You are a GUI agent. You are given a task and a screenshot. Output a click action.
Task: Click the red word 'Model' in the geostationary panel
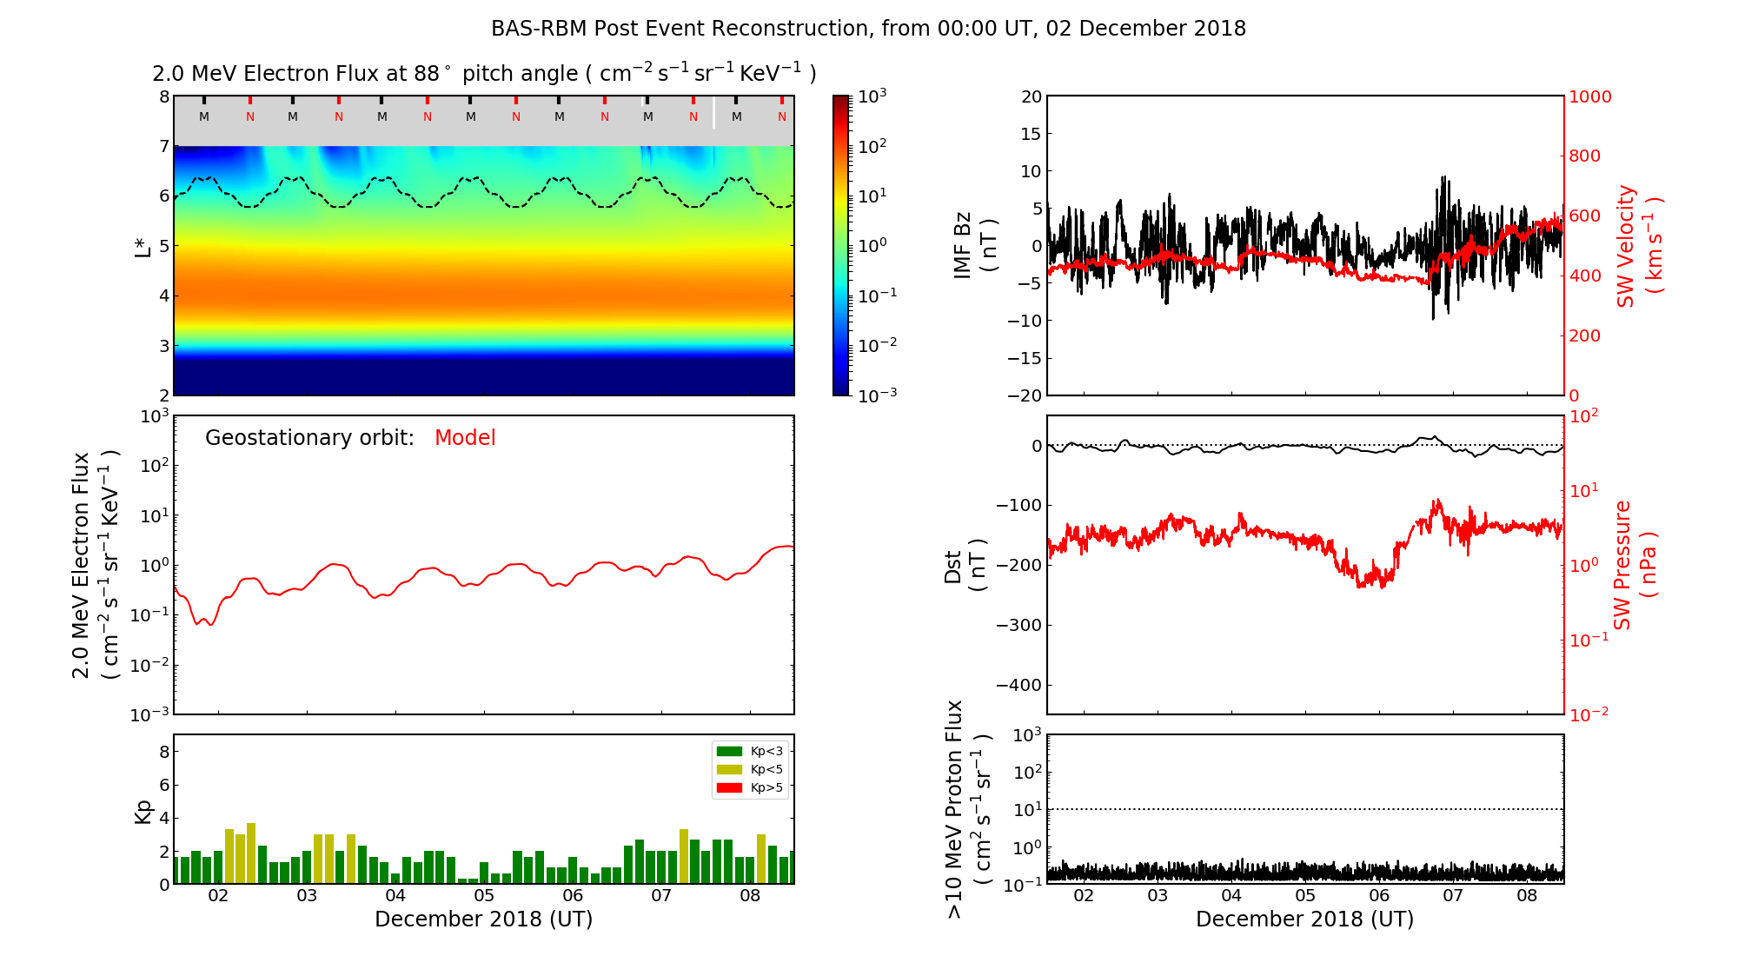(465, 438)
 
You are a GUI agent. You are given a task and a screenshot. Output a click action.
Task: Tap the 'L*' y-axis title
(143, 245)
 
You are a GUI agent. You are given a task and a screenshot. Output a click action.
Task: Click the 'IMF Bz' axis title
(974, 245)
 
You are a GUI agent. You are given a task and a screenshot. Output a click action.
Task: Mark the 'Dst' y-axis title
(965, 566)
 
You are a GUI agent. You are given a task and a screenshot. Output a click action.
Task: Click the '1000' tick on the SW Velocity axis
(1589, 97)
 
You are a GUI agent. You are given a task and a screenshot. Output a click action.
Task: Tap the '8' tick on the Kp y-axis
(164, 753)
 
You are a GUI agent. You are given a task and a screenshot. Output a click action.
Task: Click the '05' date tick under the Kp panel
(484, 896)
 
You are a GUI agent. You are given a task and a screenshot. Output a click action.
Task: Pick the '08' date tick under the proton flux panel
(1527, 896)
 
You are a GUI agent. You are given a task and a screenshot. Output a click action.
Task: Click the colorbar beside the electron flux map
(841, 245)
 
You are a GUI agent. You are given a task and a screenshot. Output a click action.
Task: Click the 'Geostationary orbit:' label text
(309, 438)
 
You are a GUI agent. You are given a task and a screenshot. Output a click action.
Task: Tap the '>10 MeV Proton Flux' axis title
(967, 809)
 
